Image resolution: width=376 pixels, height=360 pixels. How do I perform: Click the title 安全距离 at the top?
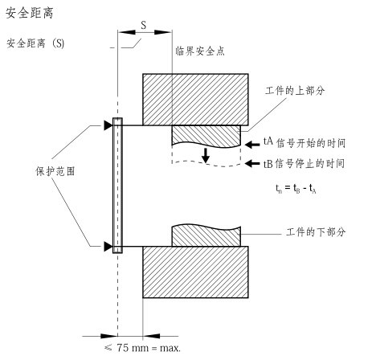coord(30,13)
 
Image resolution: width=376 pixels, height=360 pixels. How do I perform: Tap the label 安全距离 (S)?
coord(35,43)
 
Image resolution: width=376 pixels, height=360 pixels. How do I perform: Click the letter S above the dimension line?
coord(144,25)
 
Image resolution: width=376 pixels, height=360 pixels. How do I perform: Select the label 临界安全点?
coord(200,51)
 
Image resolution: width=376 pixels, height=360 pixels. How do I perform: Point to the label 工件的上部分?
coord(295,91)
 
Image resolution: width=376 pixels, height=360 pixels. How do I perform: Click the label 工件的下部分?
coord(316,231)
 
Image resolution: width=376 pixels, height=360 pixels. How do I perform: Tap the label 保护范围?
coord(55,171)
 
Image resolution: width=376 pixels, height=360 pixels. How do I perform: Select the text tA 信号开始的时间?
coord(304,143)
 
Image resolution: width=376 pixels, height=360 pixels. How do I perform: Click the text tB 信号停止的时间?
coord(304,163)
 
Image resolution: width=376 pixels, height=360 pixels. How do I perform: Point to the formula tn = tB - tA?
coord(296,189)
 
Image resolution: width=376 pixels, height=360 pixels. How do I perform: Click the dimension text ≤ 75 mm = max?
coord(142,348)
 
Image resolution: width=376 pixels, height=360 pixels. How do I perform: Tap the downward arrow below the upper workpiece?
coord(206,155)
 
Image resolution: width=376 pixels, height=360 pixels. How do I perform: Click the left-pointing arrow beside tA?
coord(252,145)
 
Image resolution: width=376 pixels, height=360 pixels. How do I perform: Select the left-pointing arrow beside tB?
coord(252,163)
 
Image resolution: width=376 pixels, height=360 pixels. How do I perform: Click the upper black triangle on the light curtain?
coord(108,125)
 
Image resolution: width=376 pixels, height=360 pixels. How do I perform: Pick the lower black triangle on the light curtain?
coord(108,247)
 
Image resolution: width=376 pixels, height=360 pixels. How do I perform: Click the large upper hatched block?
coord(195,100)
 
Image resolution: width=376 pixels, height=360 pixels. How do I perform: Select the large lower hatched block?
coord(195,272)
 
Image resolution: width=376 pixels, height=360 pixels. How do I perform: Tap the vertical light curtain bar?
coord(117,186)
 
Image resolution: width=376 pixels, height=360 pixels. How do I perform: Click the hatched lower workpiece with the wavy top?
coord(206,235)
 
